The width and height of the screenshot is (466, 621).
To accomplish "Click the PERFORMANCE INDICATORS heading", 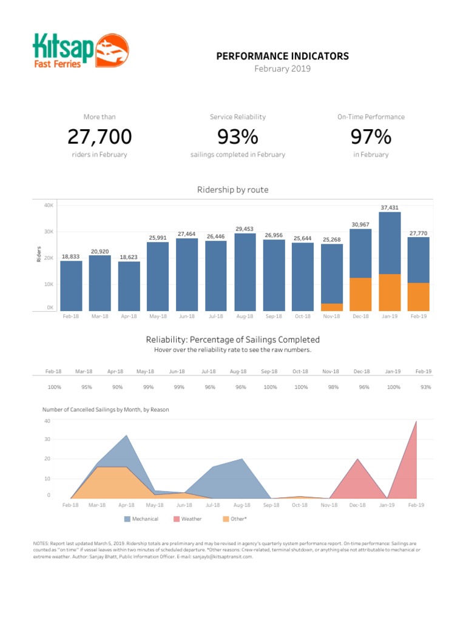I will click(x=283, y=56).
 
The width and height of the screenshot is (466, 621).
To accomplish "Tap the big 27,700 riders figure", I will click(x=100, y=137).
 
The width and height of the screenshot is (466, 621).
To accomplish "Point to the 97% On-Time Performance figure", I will click(x=370, y=137).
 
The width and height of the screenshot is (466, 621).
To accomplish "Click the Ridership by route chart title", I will click(x=232, y=190).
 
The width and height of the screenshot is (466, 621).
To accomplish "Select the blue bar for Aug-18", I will click(x=245, y=272).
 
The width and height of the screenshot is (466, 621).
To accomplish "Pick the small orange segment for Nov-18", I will click(x=331, y=307).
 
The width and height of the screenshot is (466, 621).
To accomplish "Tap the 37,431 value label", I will click(x=390, y=207).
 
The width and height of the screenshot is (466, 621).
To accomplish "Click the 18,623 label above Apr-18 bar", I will click(x=128, y=257).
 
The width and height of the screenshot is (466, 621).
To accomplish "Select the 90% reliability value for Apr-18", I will click(x=117, y=387).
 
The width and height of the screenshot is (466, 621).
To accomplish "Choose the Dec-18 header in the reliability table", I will click(x=362, y=371).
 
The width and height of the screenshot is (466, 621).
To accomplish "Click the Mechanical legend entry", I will click(x=142, y=519).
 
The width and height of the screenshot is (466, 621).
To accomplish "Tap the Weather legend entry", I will click(x=187, y=519).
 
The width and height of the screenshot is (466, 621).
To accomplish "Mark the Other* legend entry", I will click(x=235, y=519).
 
